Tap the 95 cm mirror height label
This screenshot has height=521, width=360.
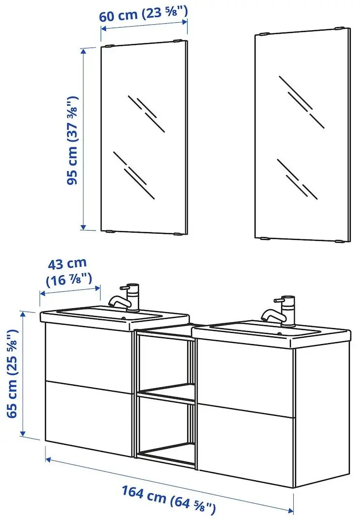click(x=73, y=141)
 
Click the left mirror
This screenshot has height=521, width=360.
click(x=144, y=138)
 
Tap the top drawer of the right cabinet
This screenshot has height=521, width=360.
click(x=246, y=376)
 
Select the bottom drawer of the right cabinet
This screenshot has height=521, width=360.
click(x=246, y=443)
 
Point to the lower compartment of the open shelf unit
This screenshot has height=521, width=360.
click(x=166, y=426)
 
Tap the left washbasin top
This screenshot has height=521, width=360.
click(x=114, y=316)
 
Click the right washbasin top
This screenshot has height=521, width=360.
click(x=271, y=331)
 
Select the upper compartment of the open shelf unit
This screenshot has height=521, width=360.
click(x=166, y=361)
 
